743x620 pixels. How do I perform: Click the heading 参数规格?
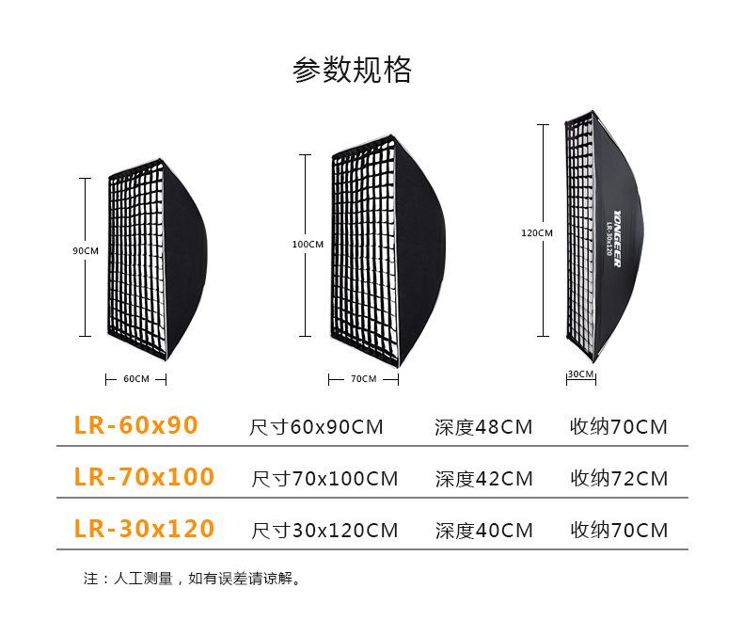[352, 70]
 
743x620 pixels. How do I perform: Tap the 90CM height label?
[86, 251]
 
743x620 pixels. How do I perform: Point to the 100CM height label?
[308, 245]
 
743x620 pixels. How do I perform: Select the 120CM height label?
[537, 232]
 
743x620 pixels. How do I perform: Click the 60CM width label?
[135, 379]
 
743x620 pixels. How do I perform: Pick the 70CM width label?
[362, 379]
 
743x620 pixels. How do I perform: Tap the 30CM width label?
[580, 374]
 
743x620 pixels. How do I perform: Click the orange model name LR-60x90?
[136, 426]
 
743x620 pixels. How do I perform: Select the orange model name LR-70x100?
[144, 477]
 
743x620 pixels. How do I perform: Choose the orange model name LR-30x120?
[144, 529]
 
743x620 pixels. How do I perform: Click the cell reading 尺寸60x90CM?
[316, 428]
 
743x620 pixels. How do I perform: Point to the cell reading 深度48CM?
[483, 428]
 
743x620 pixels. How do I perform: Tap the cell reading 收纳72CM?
[619, 479]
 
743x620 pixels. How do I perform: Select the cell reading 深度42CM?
[483, 479]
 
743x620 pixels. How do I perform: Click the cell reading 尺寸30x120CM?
[324, 531]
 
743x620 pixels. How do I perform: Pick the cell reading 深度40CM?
[483, 531]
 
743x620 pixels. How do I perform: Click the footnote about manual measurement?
[192, 578]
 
